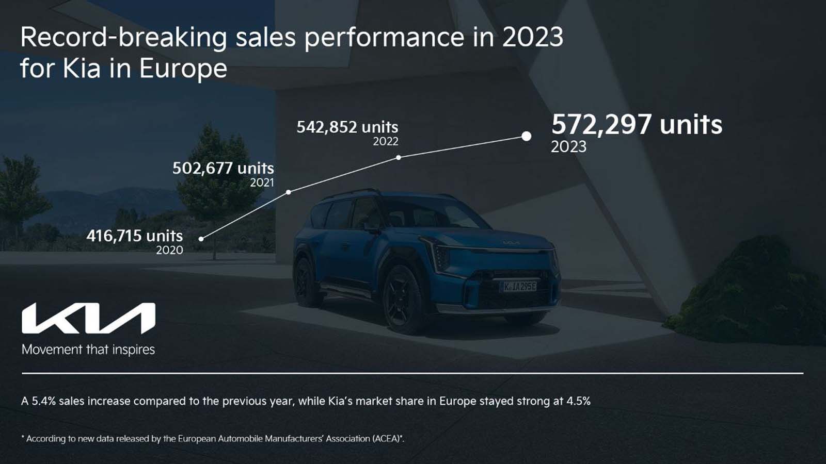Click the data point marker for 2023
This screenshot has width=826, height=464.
[x=526, y=136]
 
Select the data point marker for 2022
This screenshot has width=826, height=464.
[x=399, y=157]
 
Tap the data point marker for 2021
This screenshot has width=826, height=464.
[x=289, y=192]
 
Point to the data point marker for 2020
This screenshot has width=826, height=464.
[x=201, y=239]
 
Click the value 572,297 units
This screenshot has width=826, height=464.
[x=637, y=125]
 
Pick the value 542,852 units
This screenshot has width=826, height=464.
[x=347, y=127]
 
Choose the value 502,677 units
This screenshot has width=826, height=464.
[x=223, y=168]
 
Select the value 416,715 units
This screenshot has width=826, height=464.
[x=135, y=236]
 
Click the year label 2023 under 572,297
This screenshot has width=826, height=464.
[x=568, y=147]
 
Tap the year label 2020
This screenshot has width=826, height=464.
[x=169, y=250]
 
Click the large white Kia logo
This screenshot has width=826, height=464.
[x=88, y=319]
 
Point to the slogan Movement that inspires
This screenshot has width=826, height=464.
[x=88, y=350]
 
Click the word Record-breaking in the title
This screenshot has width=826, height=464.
[x=123, y=38]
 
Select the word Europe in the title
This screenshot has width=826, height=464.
[x=183, y=69]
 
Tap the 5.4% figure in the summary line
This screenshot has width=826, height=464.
[x=43, y=401]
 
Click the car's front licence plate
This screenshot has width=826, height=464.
[x=519, y=286]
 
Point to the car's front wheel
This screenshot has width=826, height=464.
[x=403, y=299]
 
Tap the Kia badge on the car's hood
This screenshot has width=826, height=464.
[x=512, y=242]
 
